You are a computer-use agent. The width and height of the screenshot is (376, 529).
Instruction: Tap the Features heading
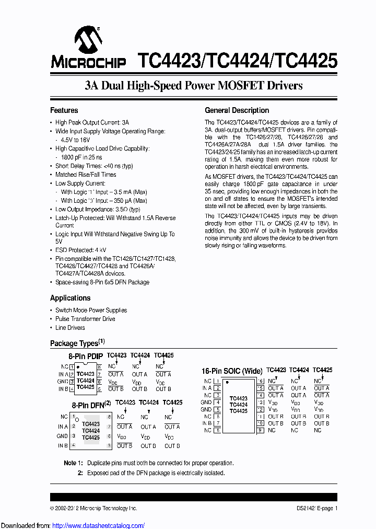(64, 110)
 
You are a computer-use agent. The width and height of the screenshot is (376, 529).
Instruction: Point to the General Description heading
(237, 110)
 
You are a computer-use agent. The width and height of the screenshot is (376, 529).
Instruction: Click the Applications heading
(70, 298)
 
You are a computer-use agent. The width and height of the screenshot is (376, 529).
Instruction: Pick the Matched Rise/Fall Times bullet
(86, 175)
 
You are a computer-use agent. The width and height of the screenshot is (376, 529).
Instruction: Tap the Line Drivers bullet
(70, 328)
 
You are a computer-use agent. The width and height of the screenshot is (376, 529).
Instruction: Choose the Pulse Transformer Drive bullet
(85, 319)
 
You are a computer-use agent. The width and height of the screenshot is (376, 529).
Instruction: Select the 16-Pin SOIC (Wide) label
(232, 371)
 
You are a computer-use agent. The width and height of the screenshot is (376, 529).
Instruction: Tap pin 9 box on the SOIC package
(260, 430)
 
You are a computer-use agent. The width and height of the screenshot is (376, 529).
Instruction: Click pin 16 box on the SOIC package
(260, 381)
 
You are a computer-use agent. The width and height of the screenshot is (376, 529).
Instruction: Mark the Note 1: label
(73, 463)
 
